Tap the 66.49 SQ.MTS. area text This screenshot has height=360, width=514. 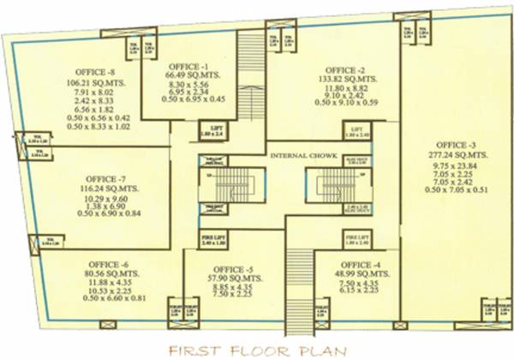pos(188,75)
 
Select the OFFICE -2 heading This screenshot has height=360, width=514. pos(344,69)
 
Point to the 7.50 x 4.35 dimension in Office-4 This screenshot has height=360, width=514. pos(357,283)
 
